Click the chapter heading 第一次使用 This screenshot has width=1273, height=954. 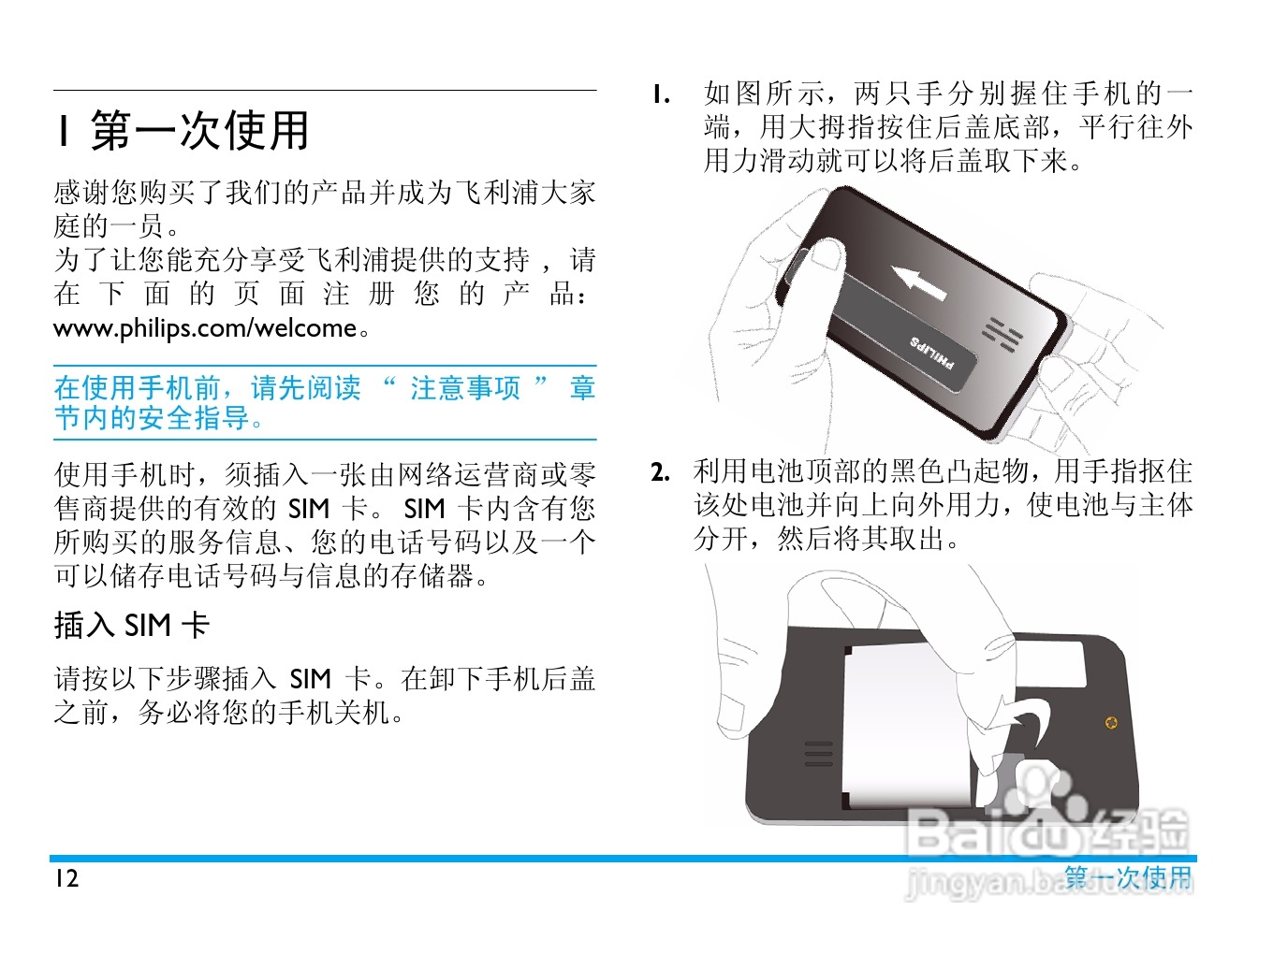click(x=200, y=131)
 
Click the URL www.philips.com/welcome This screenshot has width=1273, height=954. click(x=205, y=328)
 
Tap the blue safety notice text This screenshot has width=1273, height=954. click(x=325, y=402)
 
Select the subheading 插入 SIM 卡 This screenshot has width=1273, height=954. click(x=132, y=626)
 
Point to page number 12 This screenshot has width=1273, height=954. click(x=66, y=878)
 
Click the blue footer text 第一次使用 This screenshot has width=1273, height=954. click(x=1128, y=878)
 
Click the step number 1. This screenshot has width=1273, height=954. click(x=661, y=94)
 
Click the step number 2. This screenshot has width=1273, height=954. click(x=661, y=472)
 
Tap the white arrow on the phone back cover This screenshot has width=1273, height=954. click(x=918, y=282)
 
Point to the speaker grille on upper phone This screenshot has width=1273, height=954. click(x=1002, y=334)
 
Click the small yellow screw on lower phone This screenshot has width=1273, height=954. click(x=1111, y=722)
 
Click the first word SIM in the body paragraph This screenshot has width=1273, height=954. click(x=309, y=509)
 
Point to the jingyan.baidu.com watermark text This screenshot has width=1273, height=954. click(x=1049, y=882)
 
